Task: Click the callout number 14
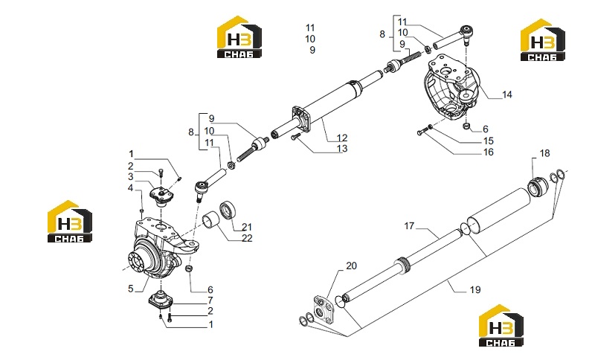(507, 94)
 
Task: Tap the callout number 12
(342, 138)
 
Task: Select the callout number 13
(342, 148)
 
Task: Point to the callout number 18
(544, 153)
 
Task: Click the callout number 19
(475, 290)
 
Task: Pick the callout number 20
(351, 266)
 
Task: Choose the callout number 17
(409, 226)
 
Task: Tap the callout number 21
(247, 227)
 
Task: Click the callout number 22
(247, 238)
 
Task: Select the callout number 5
(131, 289)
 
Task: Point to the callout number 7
(210, 300)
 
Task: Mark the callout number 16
(489, 152)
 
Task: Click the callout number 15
(489, 141)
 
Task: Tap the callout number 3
(131, 176)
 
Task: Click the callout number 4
(131, 187)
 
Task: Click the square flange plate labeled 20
(323, 311)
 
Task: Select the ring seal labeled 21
(228, 210)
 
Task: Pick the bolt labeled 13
(295, 137)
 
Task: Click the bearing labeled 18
(538, 186)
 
